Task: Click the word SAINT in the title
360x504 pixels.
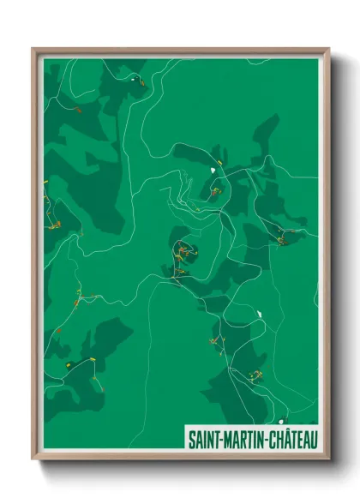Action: pyautogui.click(x=205, y=439)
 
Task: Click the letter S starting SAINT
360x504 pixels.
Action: pyautogui.click(x=192, y=439)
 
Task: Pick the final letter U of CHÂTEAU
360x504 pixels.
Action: pyautogui.click(x=314, y=439)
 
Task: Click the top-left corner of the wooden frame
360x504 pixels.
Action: pyautogui.click(x=33, y=49)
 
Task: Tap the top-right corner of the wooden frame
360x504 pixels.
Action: pyautogui.click(x=329, y=49)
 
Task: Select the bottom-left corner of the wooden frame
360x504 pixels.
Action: pyautogui.click(x=33, y=460)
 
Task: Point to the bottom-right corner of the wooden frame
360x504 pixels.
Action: pyautogui.click(x=329, y=460)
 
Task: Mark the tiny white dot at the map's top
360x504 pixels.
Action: pyautogui.click(x=134, y=79)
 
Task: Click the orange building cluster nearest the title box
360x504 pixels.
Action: pyautogui.click(x=255, y=375)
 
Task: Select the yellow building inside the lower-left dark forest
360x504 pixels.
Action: pyautogui.click(x=69, y=363)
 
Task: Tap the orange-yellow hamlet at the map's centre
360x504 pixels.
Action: pyautogui.click(x=182, y=254)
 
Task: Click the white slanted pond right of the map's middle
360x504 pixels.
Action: pyautogui.click(x=257, y=314)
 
